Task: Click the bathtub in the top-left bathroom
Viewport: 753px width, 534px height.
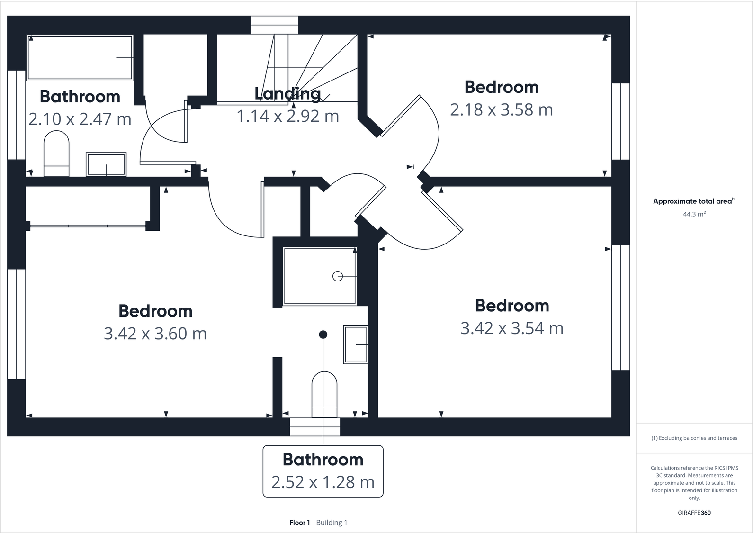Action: [x=80, y=58]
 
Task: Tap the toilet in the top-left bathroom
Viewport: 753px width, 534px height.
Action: [x=56, y=154]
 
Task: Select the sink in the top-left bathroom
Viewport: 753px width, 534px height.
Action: [x=106, y=164]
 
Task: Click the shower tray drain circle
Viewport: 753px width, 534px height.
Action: [x=338, y=276]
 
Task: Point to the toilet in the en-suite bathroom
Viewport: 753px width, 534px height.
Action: [x=324, y=394]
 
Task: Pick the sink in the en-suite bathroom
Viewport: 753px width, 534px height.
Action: [x=356, y=344]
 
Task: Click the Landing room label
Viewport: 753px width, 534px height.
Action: [x=287, y=94]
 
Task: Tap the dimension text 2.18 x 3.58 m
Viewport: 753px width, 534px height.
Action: [x=501, y=110]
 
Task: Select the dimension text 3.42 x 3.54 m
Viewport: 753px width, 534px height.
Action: [x=512, y=328]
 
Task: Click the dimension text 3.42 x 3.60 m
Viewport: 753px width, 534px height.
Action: [x=155, y=334]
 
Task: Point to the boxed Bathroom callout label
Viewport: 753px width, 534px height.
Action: [x=323, y=471]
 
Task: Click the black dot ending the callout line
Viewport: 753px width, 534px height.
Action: [x=323, y=335]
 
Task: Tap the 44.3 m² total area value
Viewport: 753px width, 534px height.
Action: [x=694, y=214]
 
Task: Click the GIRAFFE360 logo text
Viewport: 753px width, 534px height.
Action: [x=694, y=513]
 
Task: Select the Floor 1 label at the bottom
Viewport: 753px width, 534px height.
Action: [x=299, y=523]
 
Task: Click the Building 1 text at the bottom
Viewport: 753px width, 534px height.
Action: [x=332, y=523]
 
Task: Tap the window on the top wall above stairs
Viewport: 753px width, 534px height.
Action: [x=275, y=25]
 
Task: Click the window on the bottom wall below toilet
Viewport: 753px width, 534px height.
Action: [x=315, y=427]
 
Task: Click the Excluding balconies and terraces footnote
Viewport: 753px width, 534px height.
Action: [x=694, y=438]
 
